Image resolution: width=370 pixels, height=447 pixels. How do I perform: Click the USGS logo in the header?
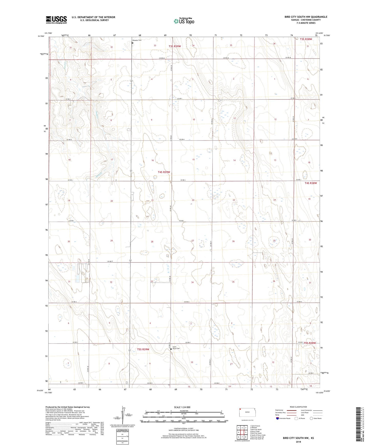click(56, 19)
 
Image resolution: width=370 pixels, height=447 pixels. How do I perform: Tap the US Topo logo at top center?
click(184, 21)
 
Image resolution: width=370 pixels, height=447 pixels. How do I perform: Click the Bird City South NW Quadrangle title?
click(306, 17)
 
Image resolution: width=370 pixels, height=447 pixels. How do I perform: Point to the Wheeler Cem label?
click(136, 40)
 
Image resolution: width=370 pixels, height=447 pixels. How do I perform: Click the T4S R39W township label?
click(164, 172)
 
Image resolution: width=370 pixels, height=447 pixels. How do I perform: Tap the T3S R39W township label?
click(175, 46)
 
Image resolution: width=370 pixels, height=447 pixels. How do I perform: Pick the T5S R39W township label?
click(143, 349)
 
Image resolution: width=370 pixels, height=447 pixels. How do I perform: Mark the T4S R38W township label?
click(311, 183)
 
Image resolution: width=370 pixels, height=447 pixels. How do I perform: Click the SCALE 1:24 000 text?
click(182, 407)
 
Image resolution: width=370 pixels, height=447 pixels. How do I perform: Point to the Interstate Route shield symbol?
click(278, 418)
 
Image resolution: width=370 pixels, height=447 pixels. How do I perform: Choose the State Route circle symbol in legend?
click(311, 418)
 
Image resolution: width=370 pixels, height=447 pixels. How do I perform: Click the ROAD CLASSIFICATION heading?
click(298, 407)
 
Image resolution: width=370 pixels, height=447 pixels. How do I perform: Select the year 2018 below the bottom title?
click(298, 442)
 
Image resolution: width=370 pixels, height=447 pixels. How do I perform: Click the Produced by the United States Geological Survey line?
click(68, 407)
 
